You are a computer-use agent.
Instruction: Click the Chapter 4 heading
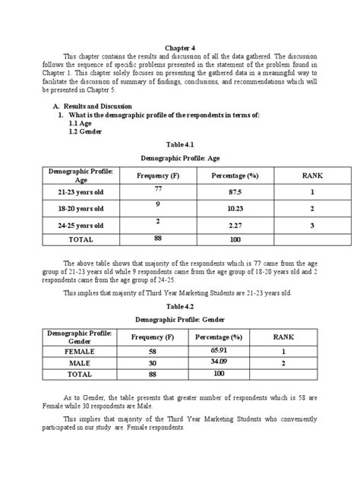coord(179,46)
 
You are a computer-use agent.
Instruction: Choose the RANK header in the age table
coord(312,175)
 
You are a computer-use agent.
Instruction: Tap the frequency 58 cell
coord(153,352)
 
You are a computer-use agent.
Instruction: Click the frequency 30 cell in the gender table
coord(153,363)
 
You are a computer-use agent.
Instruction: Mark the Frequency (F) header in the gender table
coord(153,337)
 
